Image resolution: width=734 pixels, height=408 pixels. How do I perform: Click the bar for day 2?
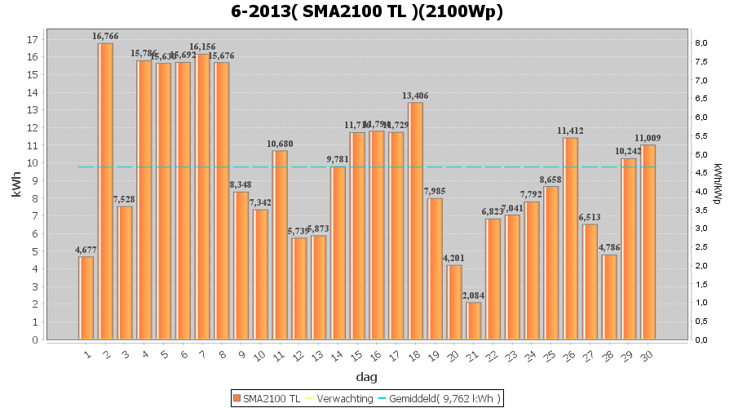106,191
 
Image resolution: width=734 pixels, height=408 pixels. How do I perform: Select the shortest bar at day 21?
474,321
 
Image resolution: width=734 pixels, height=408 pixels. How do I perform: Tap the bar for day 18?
416,220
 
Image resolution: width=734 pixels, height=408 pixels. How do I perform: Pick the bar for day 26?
570,238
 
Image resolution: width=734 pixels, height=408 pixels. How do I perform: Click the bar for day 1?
86,298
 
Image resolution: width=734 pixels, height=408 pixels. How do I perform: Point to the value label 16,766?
106,37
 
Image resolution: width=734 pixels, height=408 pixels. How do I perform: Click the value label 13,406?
415,95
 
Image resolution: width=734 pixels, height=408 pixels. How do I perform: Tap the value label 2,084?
474,295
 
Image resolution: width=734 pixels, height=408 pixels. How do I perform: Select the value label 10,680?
280,144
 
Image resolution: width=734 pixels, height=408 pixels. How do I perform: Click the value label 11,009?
648,138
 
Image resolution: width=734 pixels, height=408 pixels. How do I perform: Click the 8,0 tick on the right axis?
701,42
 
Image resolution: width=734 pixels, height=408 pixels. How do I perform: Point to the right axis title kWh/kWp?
717,184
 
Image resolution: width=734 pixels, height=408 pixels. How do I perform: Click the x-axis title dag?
366,377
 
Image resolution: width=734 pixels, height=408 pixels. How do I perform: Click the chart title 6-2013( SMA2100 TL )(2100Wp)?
366,12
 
